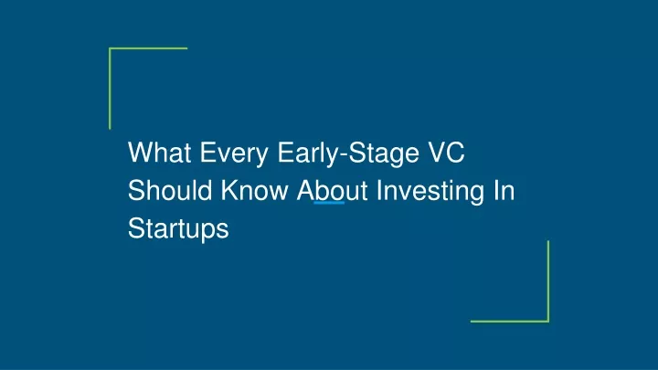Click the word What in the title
159,153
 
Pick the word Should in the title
170,190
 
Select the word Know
254,190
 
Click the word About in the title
332,190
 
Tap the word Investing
430,193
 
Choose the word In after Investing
504,190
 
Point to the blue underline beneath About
329,203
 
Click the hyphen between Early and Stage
343,155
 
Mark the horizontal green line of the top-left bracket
148,48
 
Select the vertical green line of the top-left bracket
110,89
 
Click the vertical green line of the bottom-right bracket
548,281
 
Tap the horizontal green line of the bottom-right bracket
510,322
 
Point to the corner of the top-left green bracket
110,48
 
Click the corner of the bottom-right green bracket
548,322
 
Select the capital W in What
141,153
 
